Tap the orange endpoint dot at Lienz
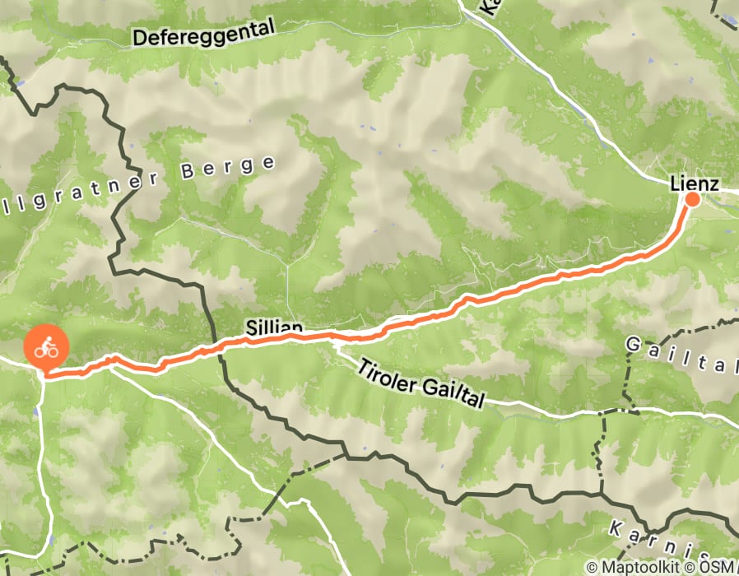coord(692,199)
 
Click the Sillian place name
coord(274,328)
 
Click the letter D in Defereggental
coord(139,38)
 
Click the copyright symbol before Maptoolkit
coord(592,567)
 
